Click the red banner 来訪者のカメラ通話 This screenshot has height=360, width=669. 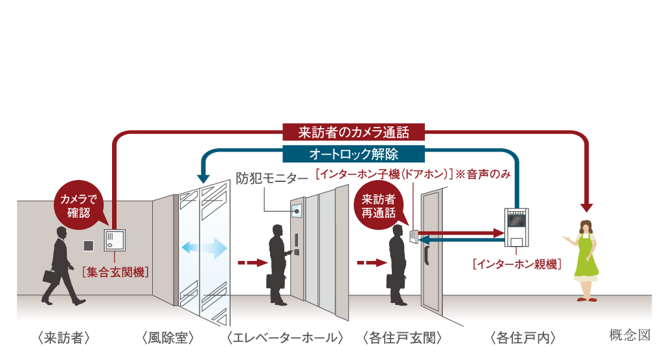354,133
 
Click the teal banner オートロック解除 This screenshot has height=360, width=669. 354,154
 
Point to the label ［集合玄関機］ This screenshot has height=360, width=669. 115,271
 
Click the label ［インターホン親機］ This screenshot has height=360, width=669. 516,264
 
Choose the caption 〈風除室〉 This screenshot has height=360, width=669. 166,337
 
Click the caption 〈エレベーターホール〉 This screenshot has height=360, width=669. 285,337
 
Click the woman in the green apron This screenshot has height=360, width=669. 585,259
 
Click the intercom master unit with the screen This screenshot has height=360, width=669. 516,223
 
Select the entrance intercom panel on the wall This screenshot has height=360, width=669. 115,242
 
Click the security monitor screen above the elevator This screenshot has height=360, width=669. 297,210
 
